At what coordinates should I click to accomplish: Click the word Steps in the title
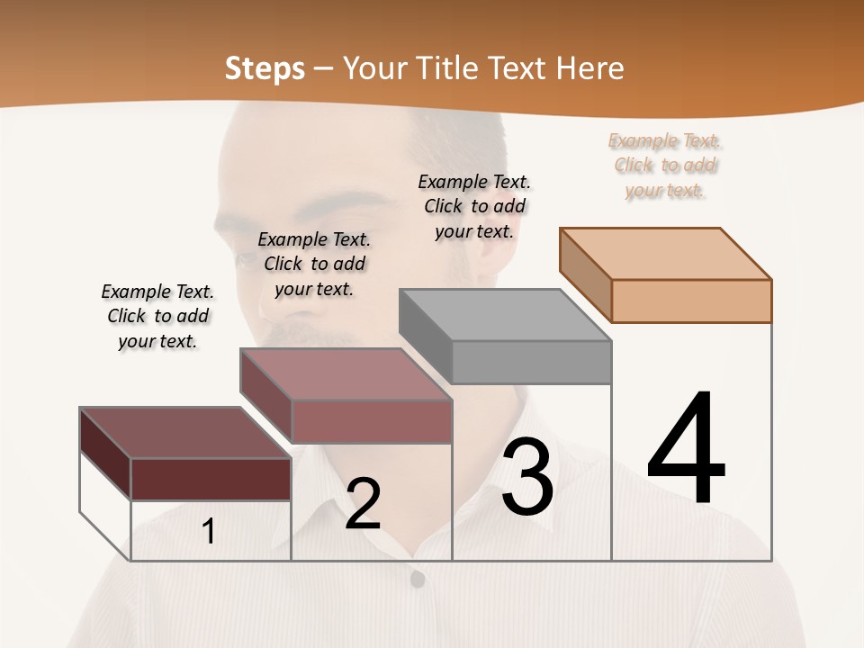(264, 69)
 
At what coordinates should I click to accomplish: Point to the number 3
(527, 477)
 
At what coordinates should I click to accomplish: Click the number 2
(363, 505)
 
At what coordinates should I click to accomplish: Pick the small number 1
(209, 532)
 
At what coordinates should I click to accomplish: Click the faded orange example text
(665, 165)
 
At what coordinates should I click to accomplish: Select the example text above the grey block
(474, 206)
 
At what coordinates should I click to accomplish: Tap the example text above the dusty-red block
(314, 264)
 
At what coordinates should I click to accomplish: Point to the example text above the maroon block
(157, 316)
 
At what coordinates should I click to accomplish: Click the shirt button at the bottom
(417, 580)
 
